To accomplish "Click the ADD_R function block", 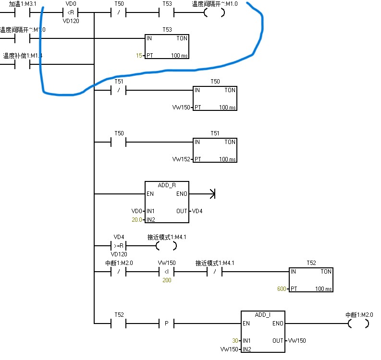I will pos(167,202).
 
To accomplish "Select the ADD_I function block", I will pos(263,331).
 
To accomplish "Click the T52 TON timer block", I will pos(311,279).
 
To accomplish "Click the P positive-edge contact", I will pos(166,324).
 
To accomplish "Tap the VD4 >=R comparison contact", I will pos(119,246).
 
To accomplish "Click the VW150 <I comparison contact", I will pos(166,272).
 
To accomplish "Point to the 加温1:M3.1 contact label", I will pos(23,4).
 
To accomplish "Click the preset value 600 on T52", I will pos(282,289).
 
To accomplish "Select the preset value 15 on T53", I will pos(139,56).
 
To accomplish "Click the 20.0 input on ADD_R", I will pos(137,219).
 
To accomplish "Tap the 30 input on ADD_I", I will pos(235,340).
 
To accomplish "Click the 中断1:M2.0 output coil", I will pos(358,324).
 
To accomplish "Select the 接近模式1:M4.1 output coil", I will pos(166,246).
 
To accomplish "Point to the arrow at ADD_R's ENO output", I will pos(210,194).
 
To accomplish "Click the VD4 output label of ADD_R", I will pos(197,211).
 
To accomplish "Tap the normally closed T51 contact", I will pos(119,90).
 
